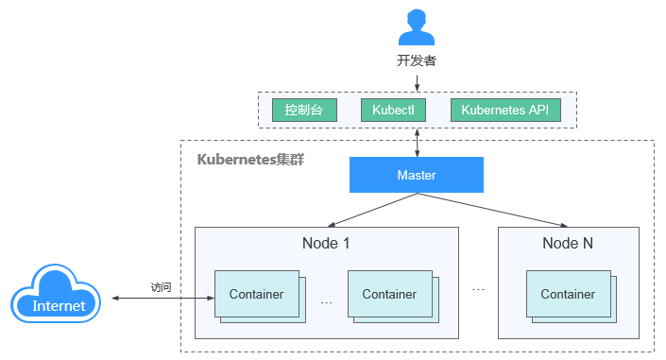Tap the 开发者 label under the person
tap(417, 61)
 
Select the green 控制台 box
tap(304, 110)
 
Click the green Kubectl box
tap(394, 110)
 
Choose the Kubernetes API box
tap(504, 110)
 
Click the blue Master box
tap(416, 175)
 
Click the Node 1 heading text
tap(326, 243)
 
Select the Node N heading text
tap(568, 243)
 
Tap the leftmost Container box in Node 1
tap(256, 294)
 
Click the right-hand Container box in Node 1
tap(389, 294)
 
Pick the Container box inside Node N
tap(568, 294)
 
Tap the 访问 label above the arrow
tap(161, 287)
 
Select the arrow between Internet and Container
tap(161, 299)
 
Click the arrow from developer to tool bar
tap(417, 81)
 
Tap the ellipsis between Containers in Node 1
tap(327, 302)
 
